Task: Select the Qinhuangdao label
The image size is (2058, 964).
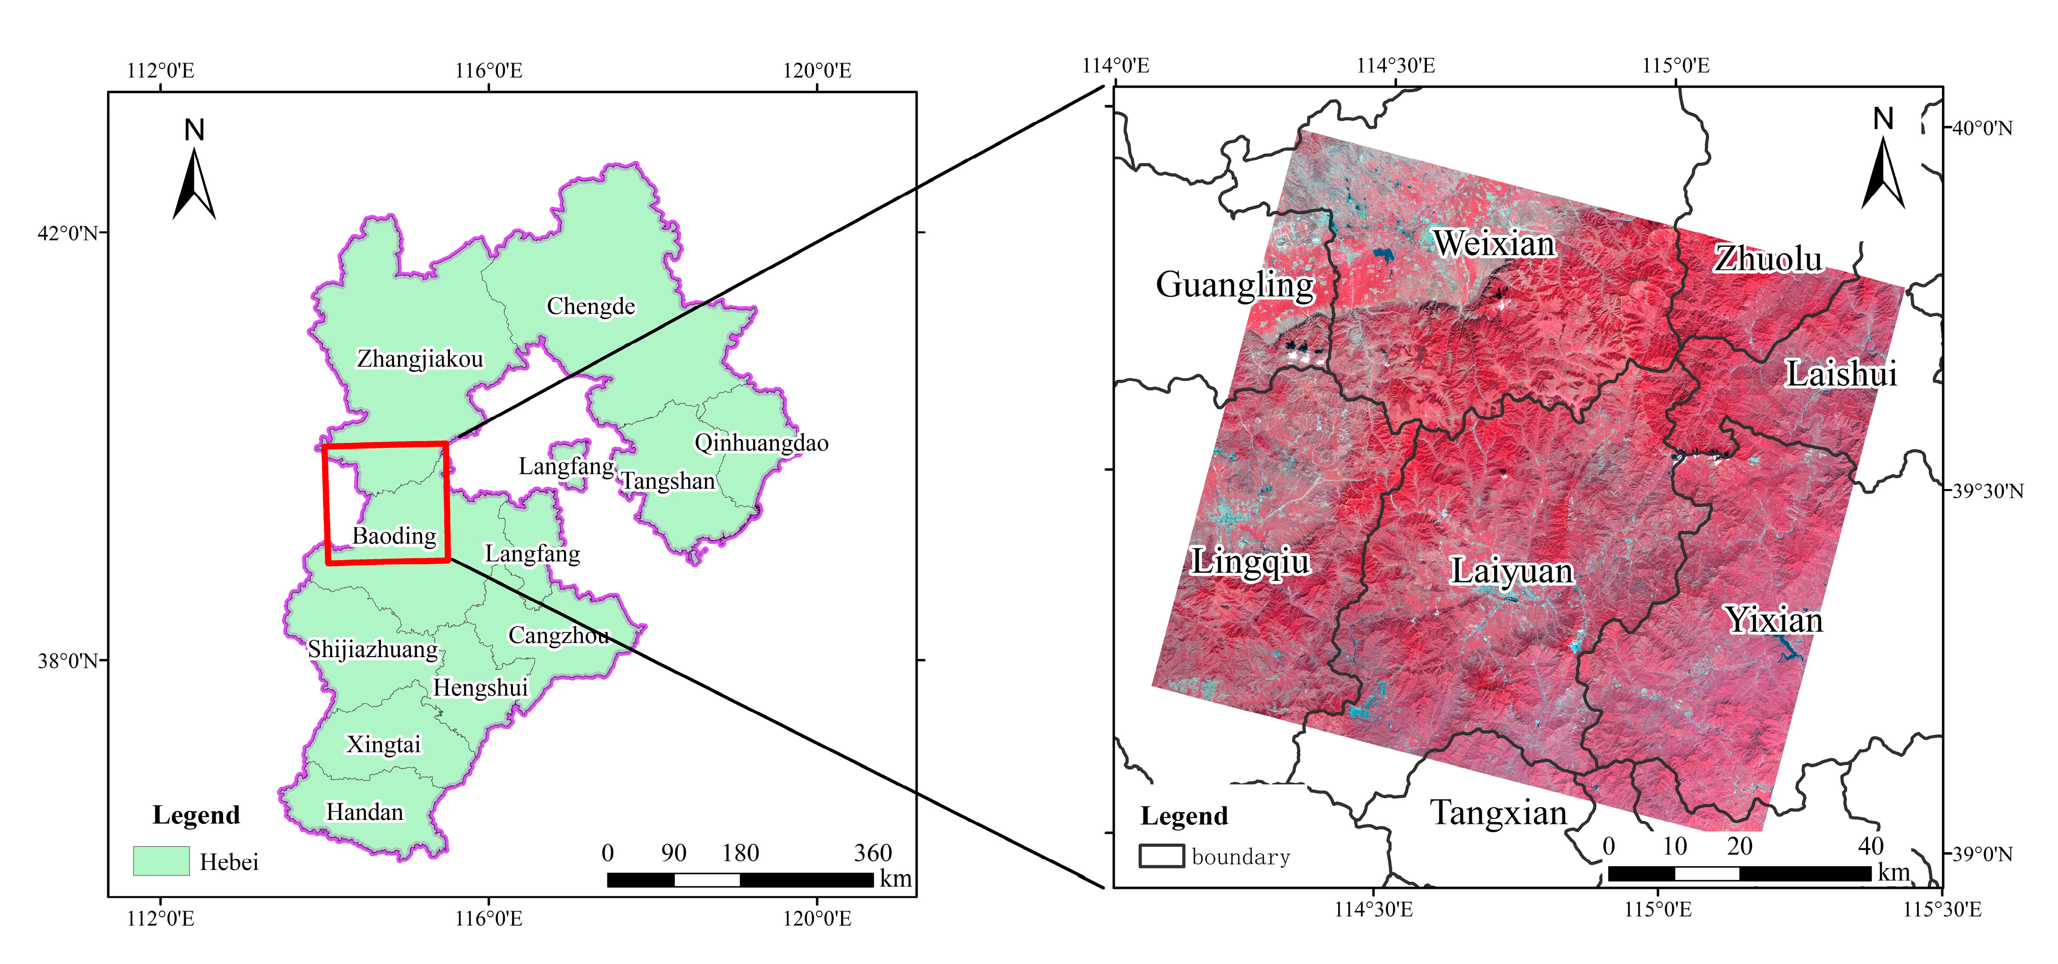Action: click(761, 442)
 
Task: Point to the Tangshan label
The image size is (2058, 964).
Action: click(668, 481)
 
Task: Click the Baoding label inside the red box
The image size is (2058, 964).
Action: click(395, 535)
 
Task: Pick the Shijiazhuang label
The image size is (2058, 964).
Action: click(373, 649)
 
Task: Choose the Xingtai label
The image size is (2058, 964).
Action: click(383, 744)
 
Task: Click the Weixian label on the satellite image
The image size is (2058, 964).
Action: click(1494, 243)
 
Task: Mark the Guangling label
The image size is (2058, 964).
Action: click(1234, 284)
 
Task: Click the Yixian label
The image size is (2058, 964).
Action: click(1774, 620)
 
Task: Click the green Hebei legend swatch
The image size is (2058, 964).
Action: click(161, 861)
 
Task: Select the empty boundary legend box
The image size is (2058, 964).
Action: click(1161, 856)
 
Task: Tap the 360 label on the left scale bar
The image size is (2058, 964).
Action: click(872, 853)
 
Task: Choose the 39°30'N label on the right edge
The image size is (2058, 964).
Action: click(1988, 491)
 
